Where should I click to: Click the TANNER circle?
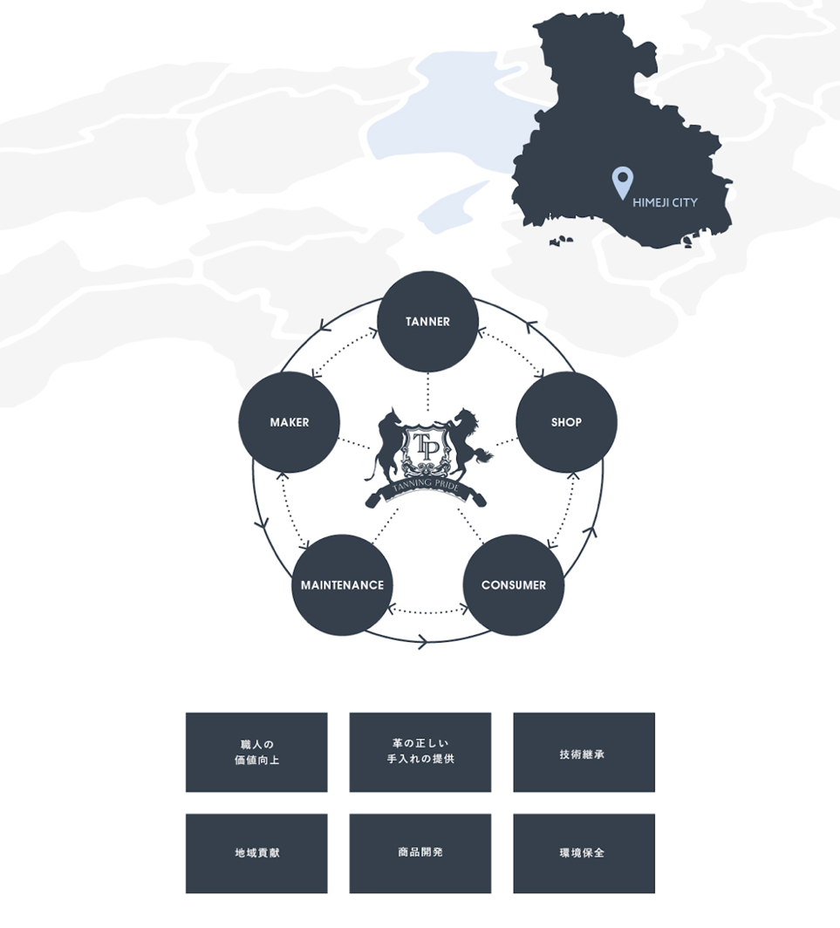pos(427,322)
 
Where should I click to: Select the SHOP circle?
pos(566,422)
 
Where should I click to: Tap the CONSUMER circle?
pos(513,585)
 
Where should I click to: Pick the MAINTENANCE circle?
pos(342,585)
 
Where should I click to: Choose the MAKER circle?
pos(289,422)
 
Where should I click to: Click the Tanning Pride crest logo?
pos(427,454)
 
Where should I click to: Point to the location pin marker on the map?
pos(621,182)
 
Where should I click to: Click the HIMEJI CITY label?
pos(665,202)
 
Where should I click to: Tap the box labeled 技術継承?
pos(584,753)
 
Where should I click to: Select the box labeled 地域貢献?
pos(256,853)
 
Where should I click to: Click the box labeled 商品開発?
pos(420,853)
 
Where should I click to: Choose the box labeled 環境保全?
pos(584,853)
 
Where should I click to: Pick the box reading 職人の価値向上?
pos(256,753)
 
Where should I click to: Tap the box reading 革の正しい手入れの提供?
pos(420,753)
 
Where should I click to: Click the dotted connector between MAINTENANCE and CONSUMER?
pos(427,611)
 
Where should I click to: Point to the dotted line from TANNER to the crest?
pos(427,388)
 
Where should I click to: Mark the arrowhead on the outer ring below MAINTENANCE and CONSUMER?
pos(422,643)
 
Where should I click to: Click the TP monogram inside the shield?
pos(427,443)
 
